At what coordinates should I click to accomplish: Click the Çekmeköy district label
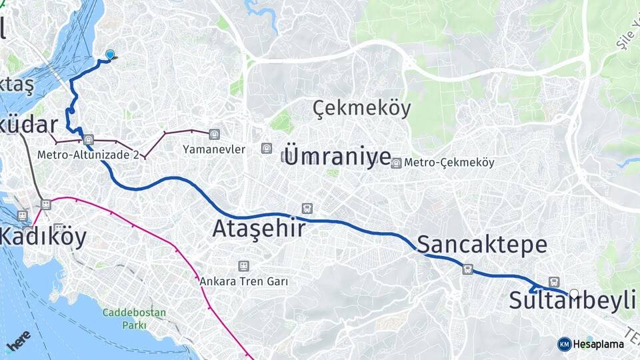click(x=361, y=108)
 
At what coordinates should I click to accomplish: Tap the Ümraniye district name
click(x=337, y=156)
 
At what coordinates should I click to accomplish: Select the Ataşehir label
click(x=259, y=229)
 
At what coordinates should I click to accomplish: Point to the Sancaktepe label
click(x=482, y=245)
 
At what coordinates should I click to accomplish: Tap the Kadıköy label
click(x=43, y=237)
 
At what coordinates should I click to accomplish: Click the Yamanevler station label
click(x=214, y=150)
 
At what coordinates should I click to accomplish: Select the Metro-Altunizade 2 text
click(x=88, y=155)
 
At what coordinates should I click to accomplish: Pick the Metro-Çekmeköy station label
click(x=449, y=163)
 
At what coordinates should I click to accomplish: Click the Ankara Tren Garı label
click(x=243, y=281)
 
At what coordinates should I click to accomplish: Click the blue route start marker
click(x=110, y=55)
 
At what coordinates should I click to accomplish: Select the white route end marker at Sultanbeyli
click(x=574, y=293)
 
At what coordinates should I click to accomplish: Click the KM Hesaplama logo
click(x=591, y=344)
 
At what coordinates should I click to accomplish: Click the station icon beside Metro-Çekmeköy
click(x=397, y=163)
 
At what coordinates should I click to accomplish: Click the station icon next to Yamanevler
click(x=213, y=134)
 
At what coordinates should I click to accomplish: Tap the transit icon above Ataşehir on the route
click(x=307, y=209)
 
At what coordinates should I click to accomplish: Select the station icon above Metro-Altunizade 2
click(x=89, y=141)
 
